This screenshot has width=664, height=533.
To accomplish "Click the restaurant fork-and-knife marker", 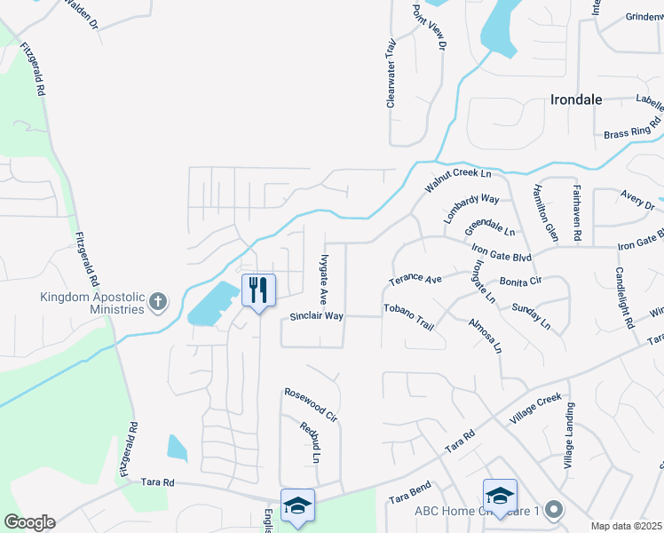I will coord(258,290).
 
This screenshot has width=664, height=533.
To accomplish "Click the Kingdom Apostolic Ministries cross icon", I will coord(158,301).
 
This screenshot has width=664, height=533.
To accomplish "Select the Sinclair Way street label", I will coord(316,316).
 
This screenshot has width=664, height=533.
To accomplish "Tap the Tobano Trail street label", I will coord(408,316).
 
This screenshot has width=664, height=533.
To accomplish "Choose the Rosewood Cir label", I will coord(311,402).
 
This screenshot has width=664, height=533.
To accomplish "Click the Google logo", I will coord(29,522).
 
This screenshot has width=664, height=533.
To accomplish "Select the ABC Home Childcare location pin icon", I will coord(555,510).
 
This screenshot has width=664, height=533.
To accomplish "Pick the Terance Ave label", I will coord(415,280).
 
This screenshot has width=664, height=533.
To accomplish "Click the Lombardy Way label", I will coord(472,211).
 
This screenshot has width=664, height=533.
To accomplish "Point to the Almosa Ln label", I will coord(486,334).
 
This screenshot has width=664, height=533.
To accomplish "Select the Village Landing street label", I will coord(570,436).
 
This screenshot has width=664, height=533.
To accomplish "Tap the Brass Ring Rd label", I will coord(632,128).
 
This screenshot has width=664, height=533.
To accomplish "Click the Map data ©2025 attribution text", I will coord(626,526).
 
